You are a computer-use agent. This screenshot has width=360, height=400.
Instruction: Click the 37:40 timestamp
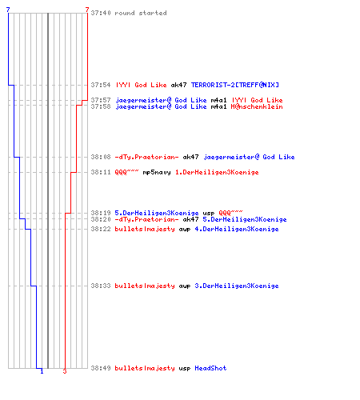[x=101, y=13]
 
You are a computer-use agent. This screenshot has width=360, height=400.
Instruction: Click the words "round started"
[x=141, y=13]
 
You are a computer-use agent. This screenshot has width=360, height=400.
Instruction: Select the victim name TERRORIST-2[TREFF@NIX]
[x=235, y=85]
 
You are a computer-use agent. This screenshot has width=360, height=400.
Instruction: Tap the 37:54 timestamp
[x=101, y=85]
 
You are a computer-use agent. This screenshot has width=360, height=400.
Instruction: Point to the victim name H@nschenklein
[x=257, y=106]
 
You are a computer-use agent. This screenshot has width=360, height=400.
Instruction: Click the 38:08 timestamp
[x=101, y=157]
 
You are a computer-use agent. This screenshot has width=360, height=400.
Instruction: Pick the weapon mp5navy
[x=157, y=173]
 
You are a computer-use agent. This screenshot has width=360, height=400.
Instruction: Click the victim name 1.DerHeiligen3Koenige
[x=217, y=172]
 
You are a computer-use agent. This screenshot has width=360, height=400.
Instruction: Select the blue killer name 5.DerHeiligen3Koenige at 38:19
[x=157, y=213]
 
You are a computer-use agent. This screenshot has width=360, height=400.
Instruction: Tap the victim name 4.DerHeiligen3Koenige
[x=237, y=229]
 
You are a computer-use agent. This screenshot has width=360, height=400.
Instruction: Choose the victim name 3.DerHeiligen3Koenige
[x=237, y=286]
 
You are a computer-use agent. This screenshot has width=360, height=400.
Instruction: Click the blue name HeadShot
[x=210, y=368]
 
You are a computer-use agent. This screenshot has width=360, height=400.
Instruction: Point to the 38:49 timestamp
[x=101, y=368]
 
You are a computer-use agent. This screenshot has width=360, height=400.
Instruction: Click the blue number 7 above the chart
[x=8, y=10]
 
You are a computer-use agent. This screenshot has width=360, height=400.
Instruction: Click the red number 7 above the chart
[x=87, y=10]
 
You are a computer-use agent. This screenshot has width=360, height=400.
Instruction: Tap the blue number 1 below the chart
[x=42, y=371]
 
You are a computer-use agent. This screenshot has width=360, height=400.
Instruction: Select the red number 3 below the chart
[x=65, y=371]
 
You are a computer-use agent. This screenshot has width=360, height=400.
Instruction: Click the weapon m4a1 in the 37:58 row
[x=218, y=106]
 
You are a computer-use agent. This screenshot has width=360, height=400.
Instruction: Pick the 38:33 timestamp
[x=101, y=286]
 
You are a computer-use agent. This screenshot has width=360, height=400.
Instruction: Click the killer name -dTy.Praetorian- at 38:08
[x=146, y=157]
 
